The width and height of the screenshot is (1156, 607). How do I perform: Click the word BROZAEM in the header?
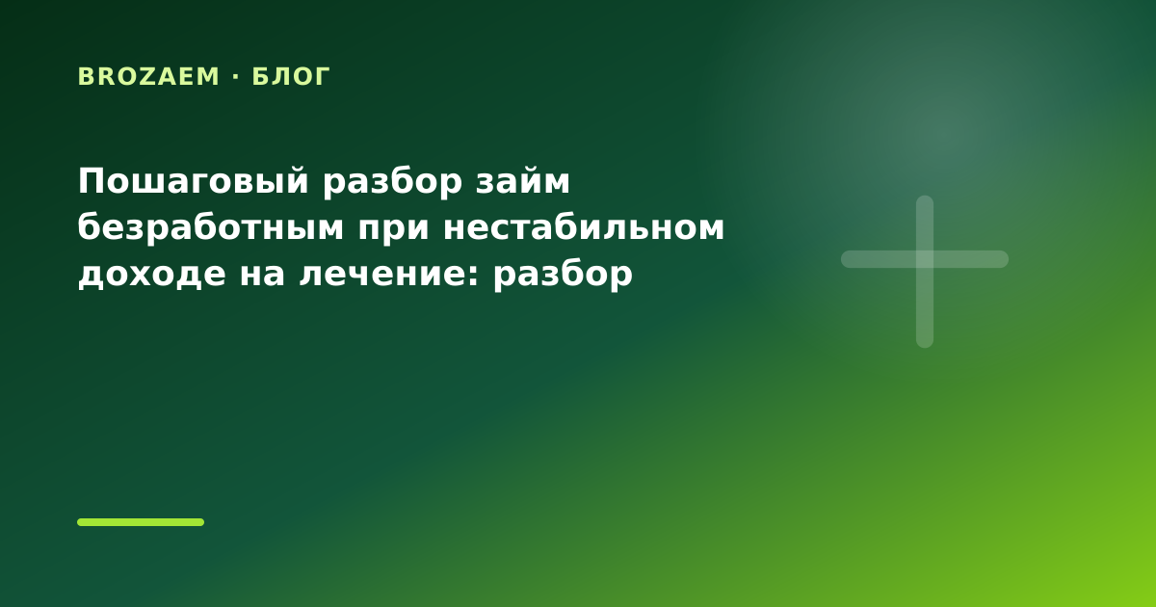(x=148, y=76)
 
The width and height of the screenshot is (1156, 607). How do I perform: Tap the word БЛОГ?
(x=291, y=77)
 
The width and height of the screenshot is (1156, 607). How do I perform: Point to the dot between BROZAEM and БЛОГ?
(x=236, y=77)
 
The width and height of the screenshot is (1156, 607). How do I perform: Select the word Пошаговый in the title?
(x=194, y=182)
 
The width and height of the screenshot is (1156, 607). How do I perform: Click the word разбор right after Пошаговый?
(x=392, y=183)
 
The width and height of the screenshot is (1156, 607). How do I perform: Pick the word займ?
(x=523, y=181)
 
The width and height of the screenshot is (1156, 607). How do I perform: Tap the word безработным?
(x=211, y=228)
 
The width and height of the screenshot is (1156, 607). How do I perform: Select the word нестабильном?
(x=584, y=227)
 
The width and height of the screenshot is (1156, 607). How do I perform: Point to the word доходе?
(x=152, y=274)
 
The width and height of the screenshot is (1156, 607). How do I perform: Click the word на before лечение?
(x=262, y=274)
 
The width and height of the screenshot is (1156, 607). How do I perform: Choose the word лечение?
(x=385, y=274)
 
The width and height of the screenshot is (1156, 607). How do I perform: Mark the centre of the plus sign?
(x=925, y=259)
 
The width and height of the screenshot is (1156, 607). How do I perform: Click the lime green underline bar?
(x=141, y=522)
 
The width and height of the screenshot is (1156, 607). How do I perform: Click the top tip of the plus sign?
(x=925, y=196)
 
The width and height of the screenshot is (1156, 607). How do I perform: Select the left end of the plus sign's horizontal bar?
(x=842, y=259)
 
